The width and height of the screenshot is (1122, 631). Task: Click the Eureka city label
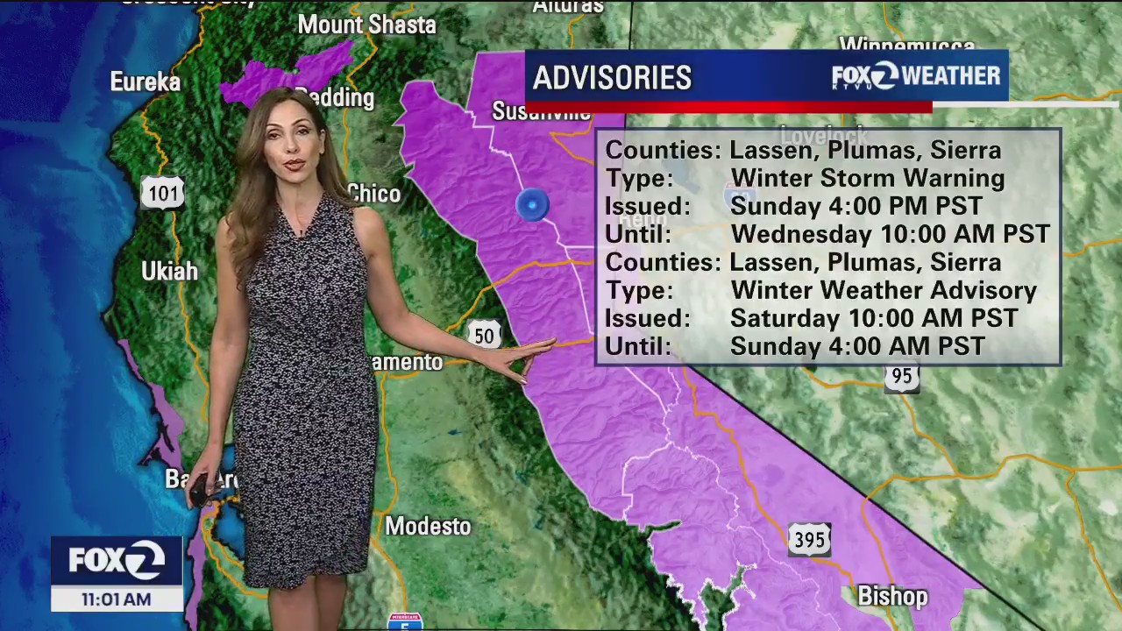[x=146, y=82]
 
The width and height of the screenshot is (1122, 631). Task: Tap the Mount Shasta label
[x=366, y=25]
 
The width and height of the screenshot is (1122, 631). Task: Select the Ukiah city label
[x=169, y=271]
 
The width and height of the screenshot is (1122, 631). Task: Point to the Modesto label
[x=429, y=526]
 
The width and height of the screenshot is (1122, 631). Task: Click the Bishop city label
[x=892, y=597]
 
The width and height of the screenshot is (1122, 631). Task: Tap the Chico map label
[x=374, y=194]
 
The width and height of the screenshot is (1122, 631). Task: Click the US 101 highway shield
[x=163, y=192]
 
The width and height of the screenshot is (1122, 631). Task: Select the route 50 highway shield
[x=484, y=335]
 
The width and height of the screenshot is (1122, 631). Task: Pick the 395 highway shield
[x=808, y=540]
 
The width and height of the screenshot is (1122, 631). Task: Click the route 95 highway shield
[x=901, y=377]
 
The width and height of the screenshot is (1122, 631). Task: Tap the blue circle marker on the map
[x=532, y=205]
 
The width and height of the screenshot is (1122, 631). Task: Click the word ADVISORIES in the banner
[x=612, y=78]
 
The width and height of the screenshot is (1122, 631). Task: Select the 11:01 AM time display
[x=116, y=599]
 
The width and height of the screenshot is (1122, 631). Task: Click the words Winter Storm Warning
[x=868, y=178]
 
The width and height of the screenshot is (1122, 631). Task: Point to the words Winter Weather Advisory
[x=884, y=290]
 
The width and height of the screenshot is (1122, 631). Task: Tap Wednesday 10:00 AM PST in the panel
[x=890, y=234]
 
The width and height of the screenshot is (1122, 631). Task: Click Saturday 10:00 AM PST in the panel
[x=874, y=318]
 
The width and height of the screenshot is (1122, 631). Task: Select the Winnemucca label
[x=907, y=45]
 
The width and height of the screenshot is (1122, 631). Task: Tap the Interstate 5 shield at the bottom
[x=404, y=621]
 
